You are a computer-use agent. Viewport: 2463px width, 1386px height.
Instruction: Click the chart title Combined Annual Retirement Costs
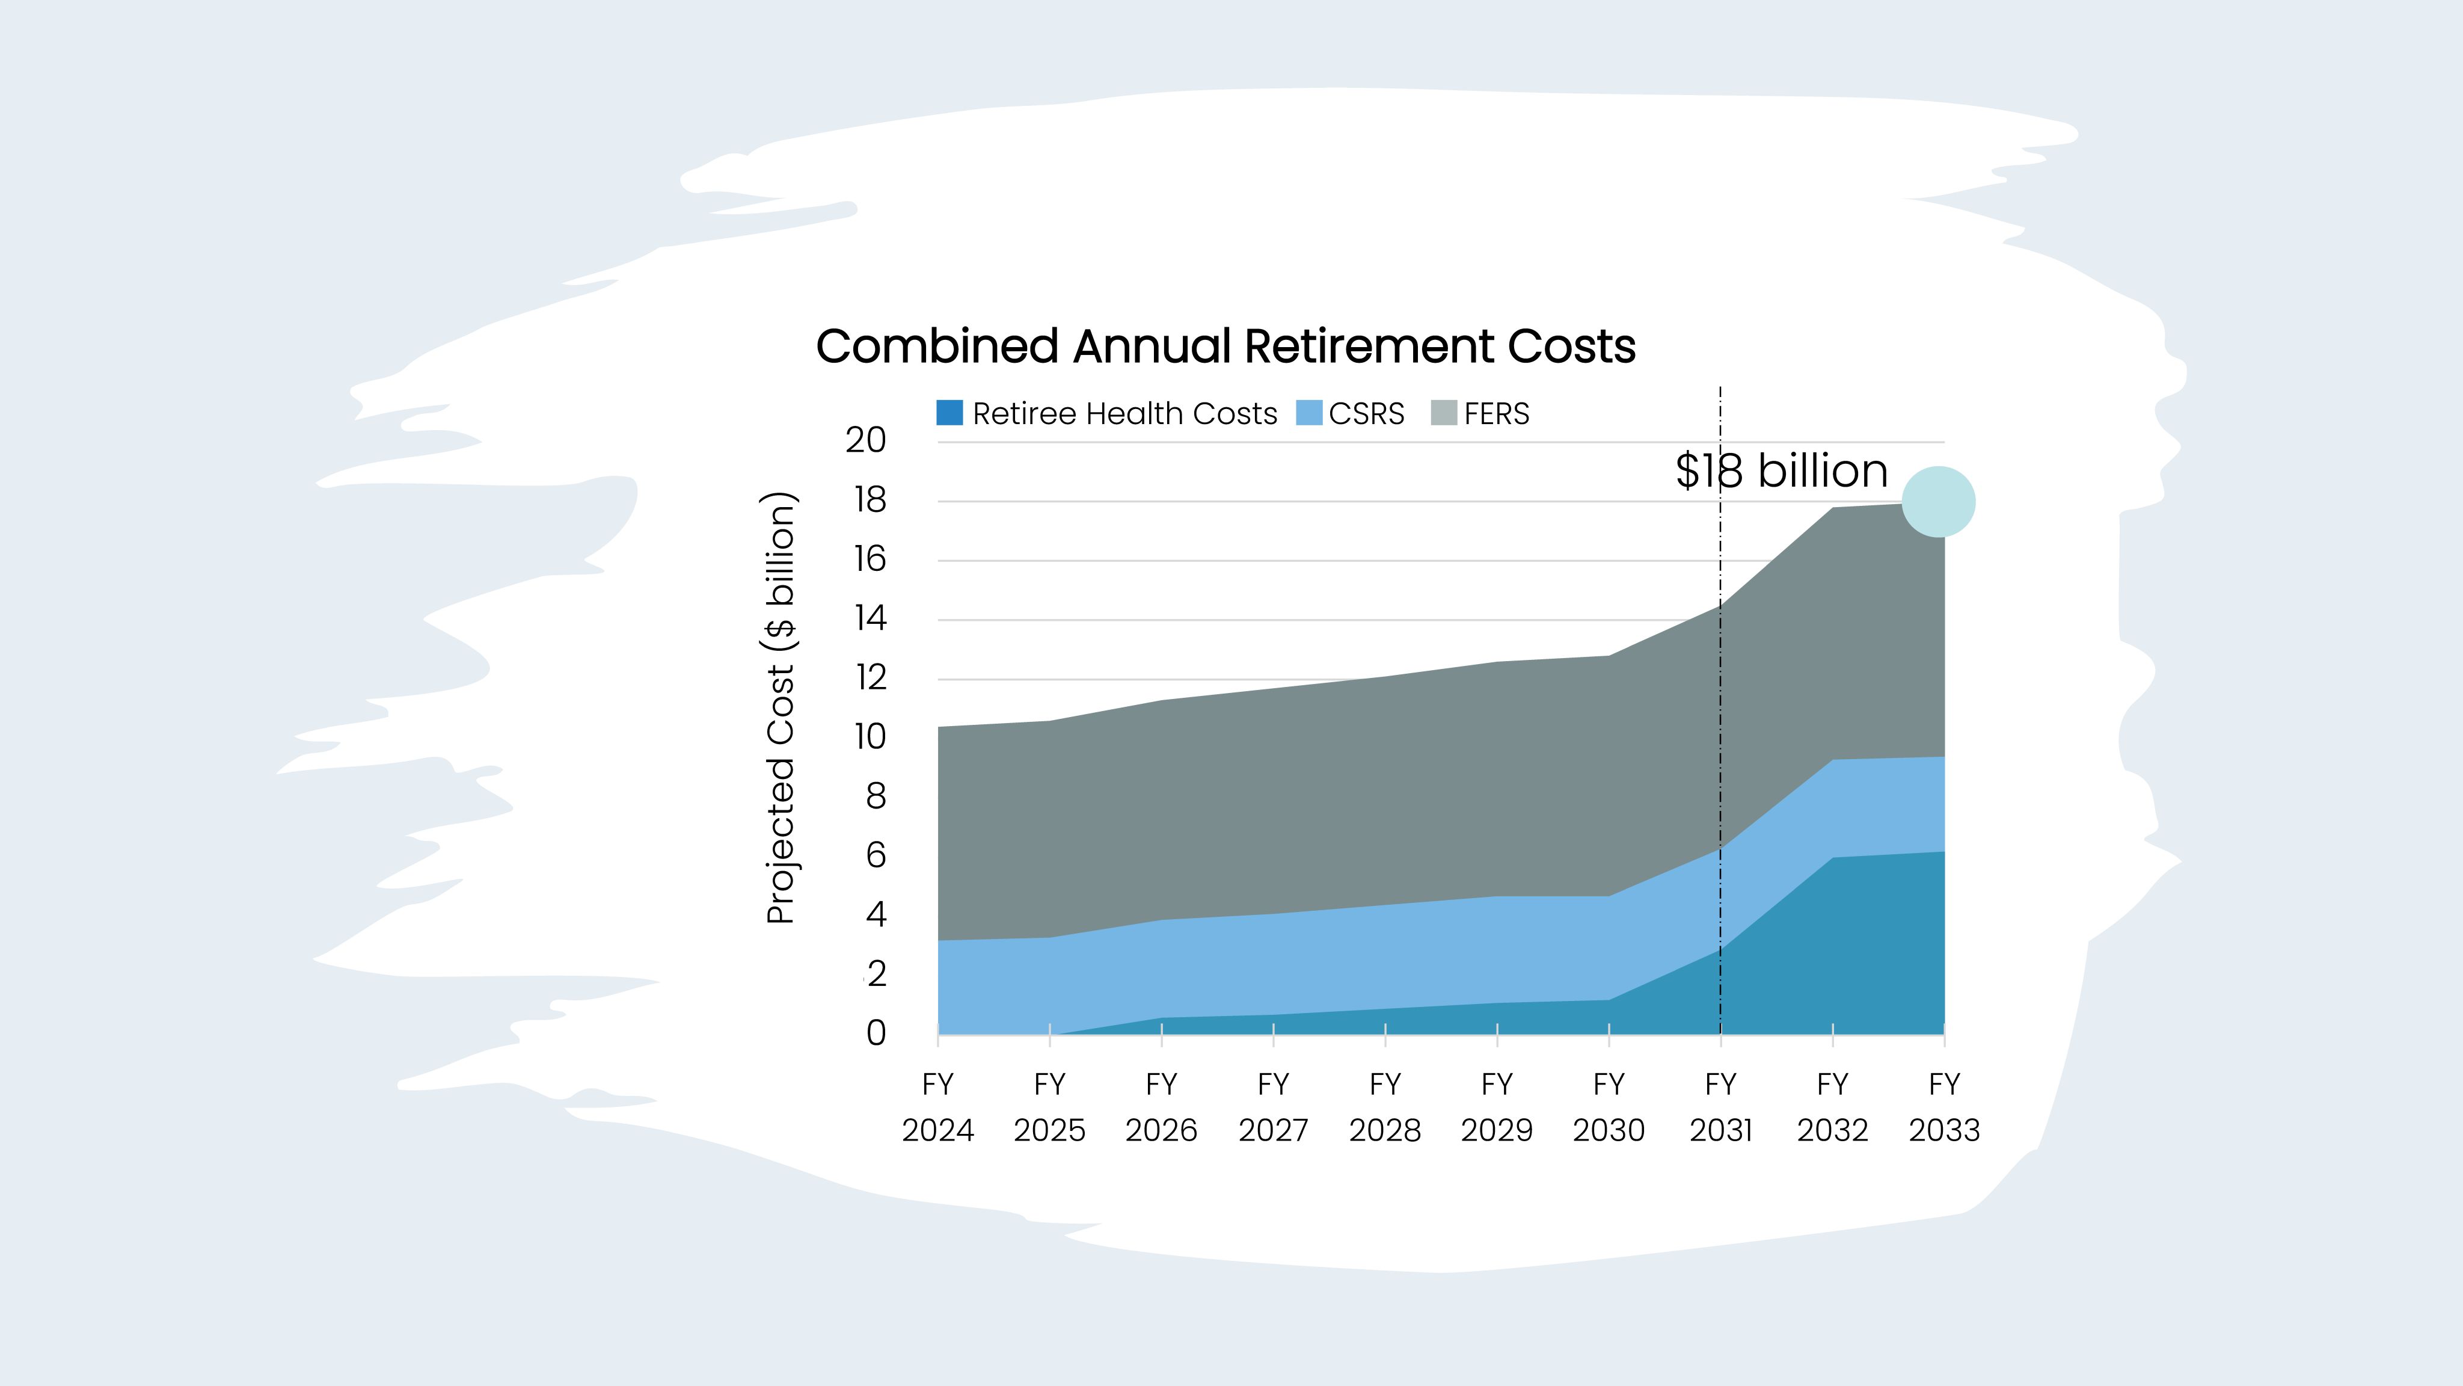1225,346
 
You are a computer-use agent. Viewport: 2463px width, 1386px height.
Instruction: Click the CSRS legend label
1366,413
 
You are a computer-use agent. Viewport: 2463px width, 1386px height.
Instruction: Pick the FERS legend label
1496,413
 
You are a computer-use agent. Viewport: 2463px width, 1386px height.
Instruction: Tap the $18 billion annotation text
1781,470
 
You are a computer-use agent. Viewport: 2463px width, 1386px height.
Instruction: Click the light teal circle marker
1938,502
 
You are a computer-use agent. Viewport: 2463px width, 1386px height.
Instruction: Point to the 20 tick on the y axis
865,440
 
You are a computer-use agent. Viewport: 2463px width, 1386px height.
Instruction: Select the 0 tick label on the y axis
876,1033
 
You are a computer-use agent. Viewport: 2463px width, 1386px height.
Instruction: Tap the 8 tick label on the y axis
876,796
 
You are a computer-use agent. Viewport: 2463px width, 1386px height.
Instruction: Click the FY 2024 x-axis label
937,1107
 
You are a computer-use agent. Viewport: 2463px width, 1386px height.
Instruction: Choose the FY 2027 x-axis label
1272,1107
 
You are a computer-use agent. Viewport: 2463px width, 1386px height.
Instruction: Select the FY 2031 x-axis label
1720,1107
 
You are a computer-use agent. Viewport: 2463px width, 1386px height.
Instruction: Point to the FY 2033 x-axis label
1944,1107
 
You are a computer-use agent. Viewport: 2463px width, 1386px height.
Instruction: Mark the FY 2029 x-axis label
1496,1107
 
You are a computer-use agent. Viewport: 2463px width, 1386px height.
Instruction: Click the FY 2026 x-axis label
1161,1107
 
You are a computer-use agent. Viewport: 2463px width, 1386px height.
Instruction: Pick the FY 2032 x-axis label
1832,1107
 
